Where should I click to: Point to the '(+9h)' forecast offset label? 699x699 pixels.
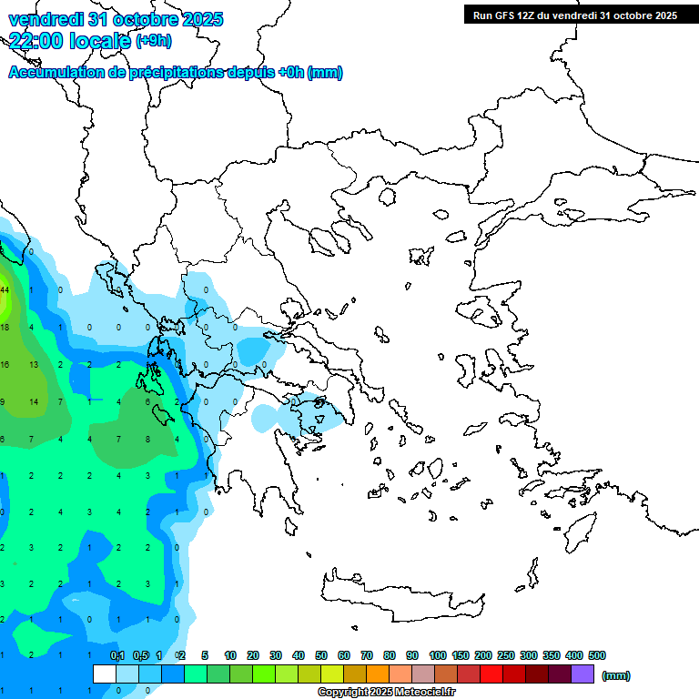tap(152, 40)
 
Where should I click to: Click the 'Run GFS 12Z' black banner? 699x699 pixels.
tap(574, 15)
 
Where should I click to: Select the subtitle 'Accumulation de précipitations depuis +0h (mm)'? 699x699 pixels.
tap(176, 73)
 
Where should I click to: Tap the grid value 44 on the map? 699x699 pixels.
tap(4, 289)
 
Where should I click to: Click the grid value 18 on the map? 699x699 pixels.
tap(4, 327)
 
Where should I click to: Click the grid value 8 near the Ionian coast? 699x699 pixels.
tap(147, 439)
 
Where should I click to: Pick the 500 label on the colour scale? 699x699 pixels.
tap(597, 655)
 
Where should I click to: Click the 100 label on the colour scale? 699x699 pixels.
tap(438, 655)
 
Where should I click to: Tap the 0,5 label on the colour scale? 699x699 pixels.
tap(140, 655)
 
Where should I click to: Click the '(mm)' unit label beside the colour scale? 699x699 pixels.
tap(616, 675)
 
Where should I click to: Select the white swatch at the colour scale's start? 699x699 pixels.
tap(105, 674)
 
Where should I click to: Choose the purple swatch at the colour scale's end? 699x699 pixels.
tap(582, 674)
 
